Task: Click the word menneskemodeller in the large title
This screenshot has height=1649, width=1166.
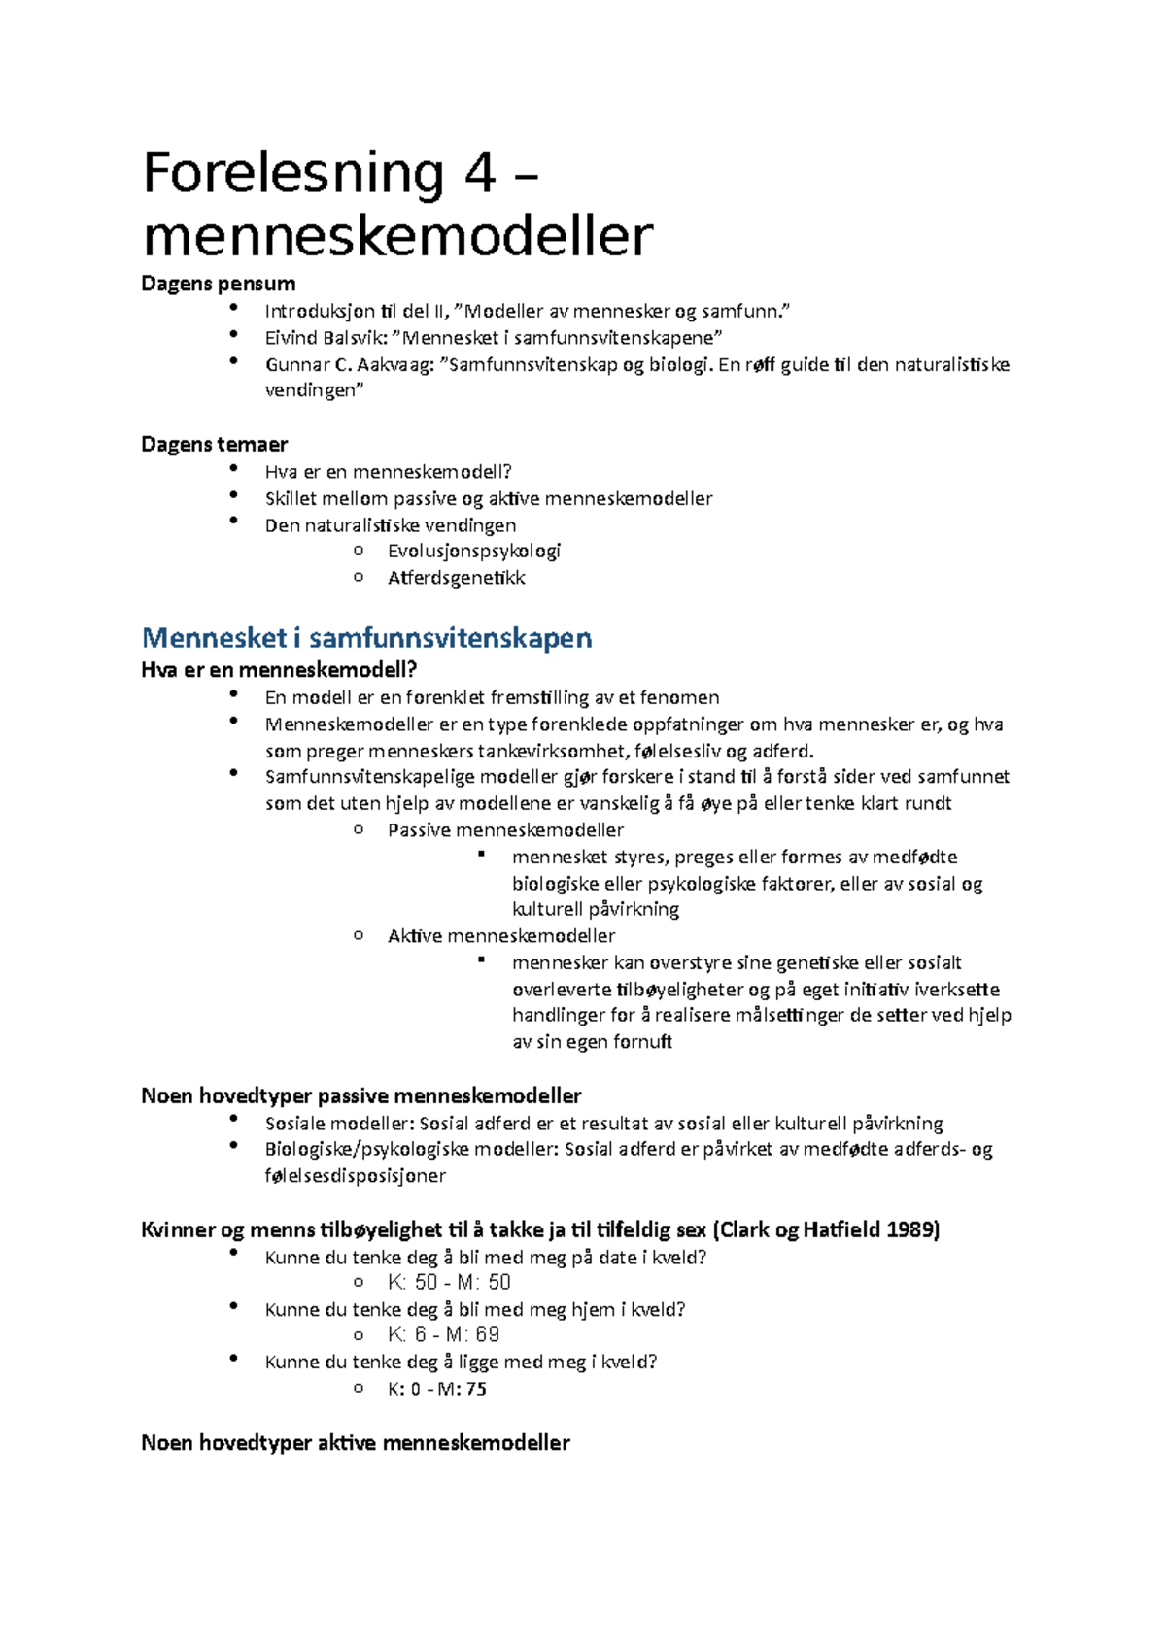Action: tap(397, 236)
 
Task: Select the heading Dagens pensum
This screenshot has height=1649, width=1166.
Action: tap(218, 284)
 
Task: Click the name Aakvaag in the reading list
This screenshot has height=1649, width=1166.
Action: tap(397, 365)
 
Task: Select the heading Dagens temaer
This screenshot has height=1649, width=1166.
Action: tap(214, 445)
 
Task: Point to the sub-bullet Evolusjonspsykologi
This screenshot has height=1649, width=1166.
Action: tap(474, 552)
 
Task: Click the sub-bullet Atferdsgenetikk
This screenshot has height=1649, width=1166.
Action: tap(456, 578)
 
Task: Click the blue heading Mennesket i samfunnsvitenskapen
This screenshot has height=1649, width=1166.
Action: tap(366, 638)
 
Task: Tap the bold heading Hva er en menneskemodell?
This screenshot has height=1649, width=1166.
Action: tap(279, 670)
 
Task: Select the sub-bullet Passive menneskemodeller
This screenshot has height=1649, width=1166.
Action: tap(505, 830)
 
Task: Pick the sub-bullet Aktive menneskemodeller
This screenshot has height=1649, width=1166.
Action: tap(501, 936)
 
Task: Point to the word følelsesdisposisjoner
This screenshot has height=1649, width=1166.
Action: tap(355, 1176)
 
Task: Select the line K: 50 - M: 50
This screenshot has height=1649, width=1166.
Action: tap(449, 1283)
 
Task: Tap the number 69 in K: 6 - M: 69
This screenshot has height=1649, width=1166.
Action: tap(488, 1335)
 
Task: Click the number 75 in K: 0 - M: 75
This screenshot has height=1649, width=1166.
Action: tap(475, 1389)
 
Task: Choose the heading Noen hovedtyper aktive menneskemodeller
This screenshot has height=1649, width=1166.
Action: tap(355, 1443)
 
